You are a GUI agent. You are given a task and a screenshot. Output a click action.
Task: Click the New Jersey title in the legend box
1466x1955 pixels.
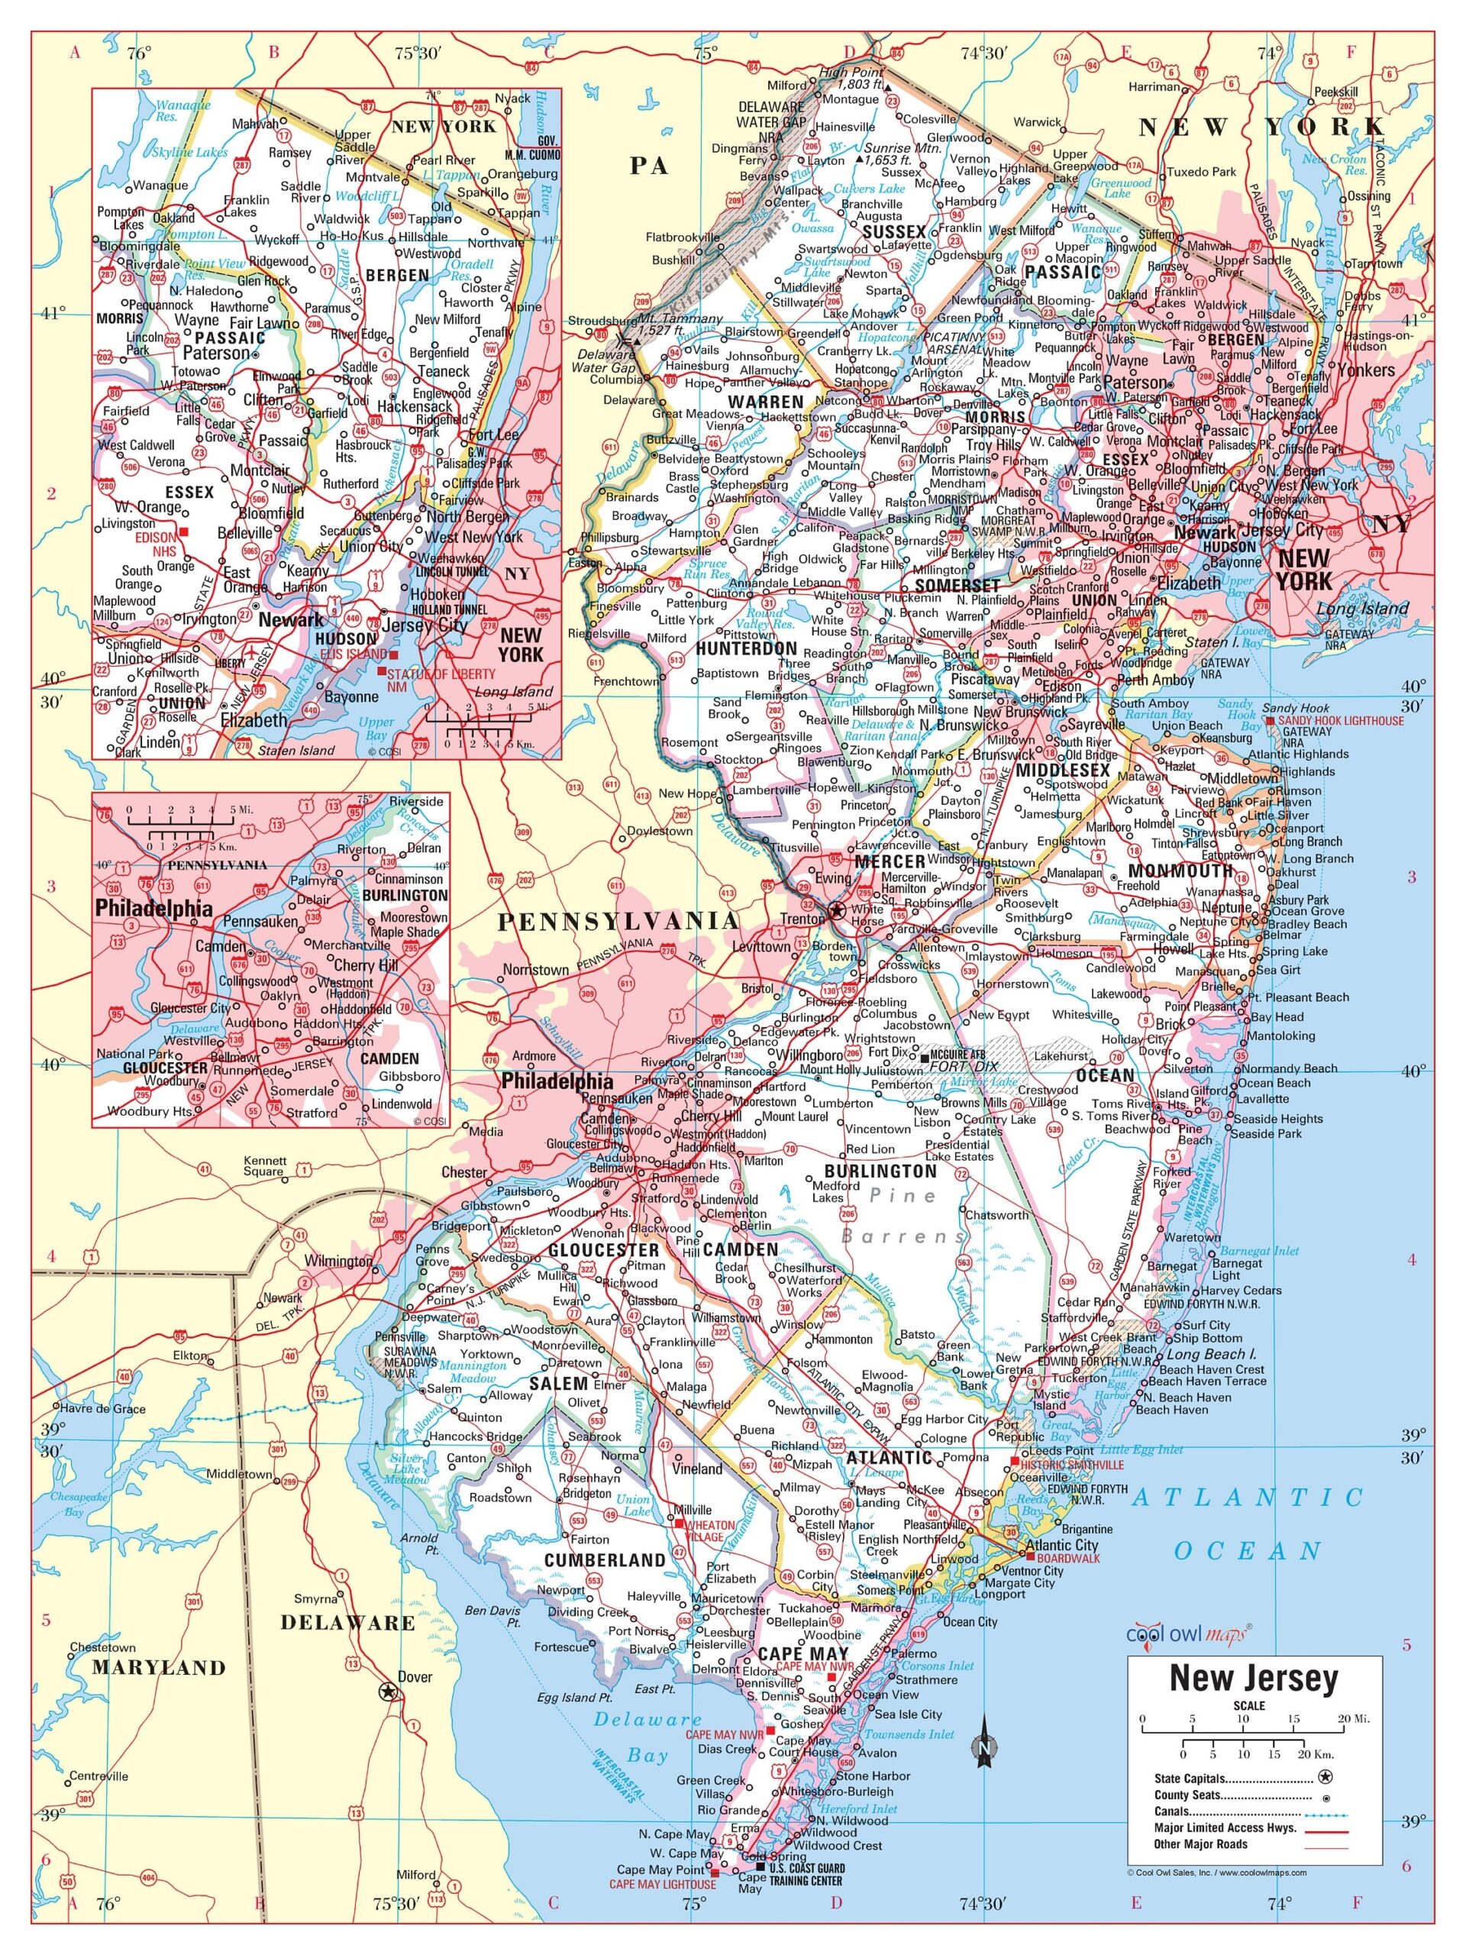pyautogui.click(x=1253, y=1676)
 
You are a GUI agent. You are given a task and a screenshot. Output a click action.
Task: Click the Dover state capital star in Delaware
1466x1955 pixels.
pyautogui.click(x=386, y=1692)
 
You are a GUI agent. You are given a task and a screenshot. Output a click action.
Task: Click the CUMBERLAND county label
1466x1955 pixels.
pyautogui.click(x=605, y=1560)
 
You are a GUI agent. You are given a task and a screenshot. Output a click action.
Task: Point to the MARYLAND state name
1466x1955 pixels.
pyautogui.click(x=159, y=1668)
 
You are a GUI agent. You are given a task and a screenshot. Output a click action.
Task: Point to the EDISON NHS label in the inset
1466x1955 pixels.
pyautogui.click(x=156, y=544)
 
